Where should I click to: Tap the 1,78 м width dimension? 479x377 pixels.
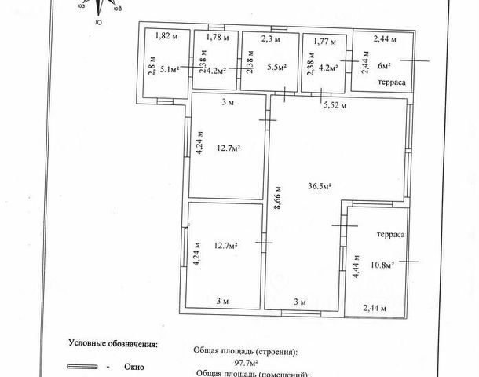click(x=218, y=37)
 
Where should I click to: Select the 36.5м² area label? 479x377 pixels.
click(x=319, y=186)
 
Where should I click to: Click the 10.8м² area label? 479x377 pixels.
click(x=382, y=265)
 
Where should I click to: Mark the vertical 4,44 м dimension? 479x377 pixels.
click(x=357, y=266)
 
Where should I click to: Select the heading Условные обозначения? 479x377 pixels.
click(x=113, y=343)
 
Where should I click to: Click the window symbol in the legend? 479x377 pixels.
click(x=82, y=367)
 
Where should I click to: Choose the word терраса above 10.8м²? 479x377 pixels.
click(x=390, y=235)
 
